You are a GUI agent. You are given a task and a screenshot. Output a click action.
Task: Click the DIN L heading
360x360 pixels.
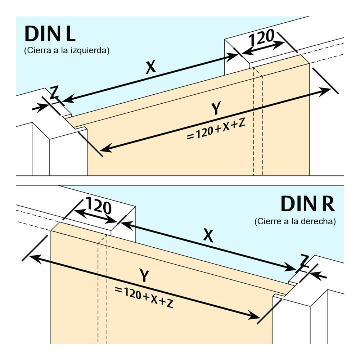pos(50,34)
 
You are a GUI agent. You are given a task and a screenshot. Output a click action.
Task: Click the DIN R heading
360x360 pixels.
pos(308,204)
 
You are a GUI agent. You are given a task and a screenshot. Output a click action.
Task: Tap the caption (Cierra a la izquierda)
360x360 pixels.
pos(67,50)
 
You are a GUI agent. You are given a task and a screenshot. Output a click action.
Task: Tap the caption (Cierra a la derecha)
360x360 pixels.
pos(295,221)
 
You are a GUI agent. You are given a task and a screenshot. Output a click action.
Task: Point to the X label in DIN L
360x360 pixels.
pos(151,67)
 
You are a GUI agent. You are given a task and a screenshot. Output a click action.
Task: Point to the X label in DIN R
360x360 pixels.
pos(208,236)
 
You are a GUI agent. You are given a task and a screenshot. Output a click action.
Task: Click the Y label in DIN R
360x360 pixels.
pos(144,276)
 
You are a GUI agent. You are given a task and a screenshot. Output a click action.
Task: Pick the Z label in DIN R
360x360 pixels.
pos(305,260)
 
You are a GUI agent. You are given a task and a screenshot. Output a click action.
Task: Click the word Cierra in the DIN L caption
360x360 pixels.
pos(36,50)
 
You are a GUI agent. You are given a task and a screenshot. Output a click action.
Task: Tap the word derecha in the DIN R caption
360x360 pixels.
pos(319,221)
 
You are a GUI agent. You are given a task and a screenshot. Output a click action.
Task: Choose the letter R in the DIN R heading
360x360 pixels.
pos(328,204)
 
